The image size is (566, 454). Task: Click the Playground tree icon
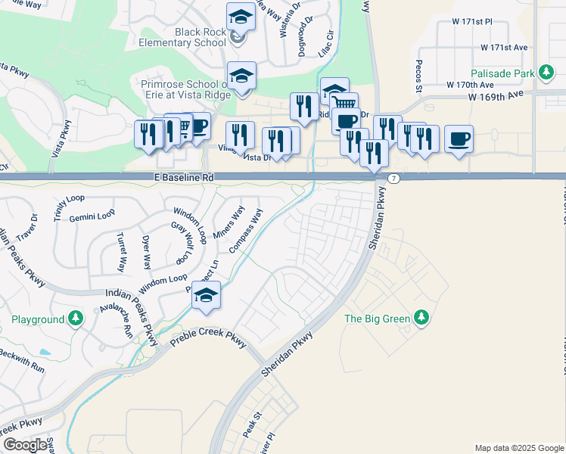click(x=75, y=319)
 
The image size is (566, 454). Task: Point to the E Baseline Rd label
click(x=183, y=177)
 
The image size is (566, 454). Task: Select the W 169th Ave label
click(x=496, y=96)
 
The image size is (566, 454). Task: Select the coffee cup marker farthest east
click(x=459, y=139)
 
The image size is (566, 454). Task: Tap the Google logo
click(x=25, y=445)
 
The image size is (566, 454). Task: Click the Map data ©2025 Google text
click(x=519, y=448)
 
